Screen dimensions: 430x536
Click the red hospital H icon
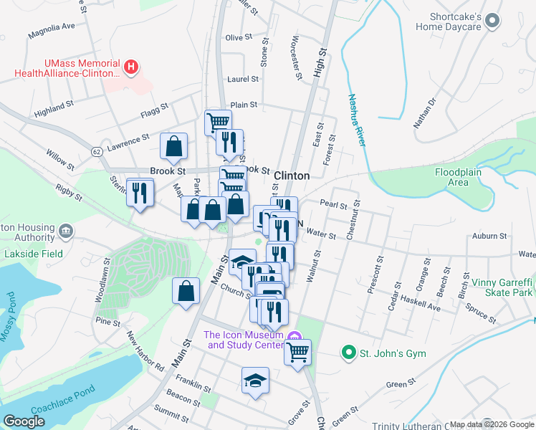click(x=130, y=68)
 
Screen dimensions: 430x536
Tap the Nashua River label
click(x=357, y=120)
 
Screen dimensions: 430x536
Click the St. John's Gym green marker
click(x=348, y=353)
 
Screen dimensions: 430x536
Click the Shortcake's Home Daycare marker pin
click(x=492, y=22)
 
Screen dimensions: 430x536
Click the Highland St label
click(x=54, y=106)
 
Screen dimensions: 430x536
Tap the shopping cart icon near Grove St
click(x=297, y=352)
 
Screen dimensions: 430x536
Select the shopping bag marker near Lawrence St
click(x=173, y=146)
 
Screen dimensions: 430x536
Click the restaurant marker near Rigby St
click(x=140, y=192)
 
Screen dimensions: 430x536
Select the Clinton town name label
click(x=292, y=176)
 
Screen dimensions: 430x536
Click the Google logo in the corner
click(x=24, y=421)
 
